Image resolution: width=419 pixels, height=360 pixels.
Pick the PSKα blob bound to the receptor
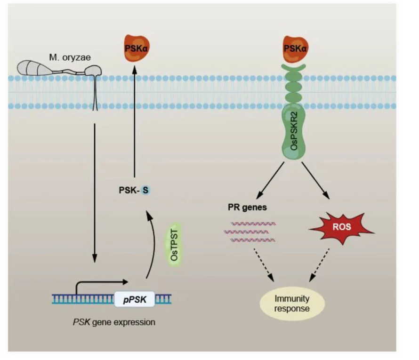[293, 49]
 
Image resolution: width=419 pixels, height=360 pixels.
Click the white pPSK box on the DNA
[135, 298]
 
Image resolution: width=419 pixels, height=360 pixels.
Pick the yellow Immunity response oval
[292, 303]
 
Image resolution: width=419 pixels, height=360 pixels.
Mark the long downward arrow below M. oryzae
[95, 193]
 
